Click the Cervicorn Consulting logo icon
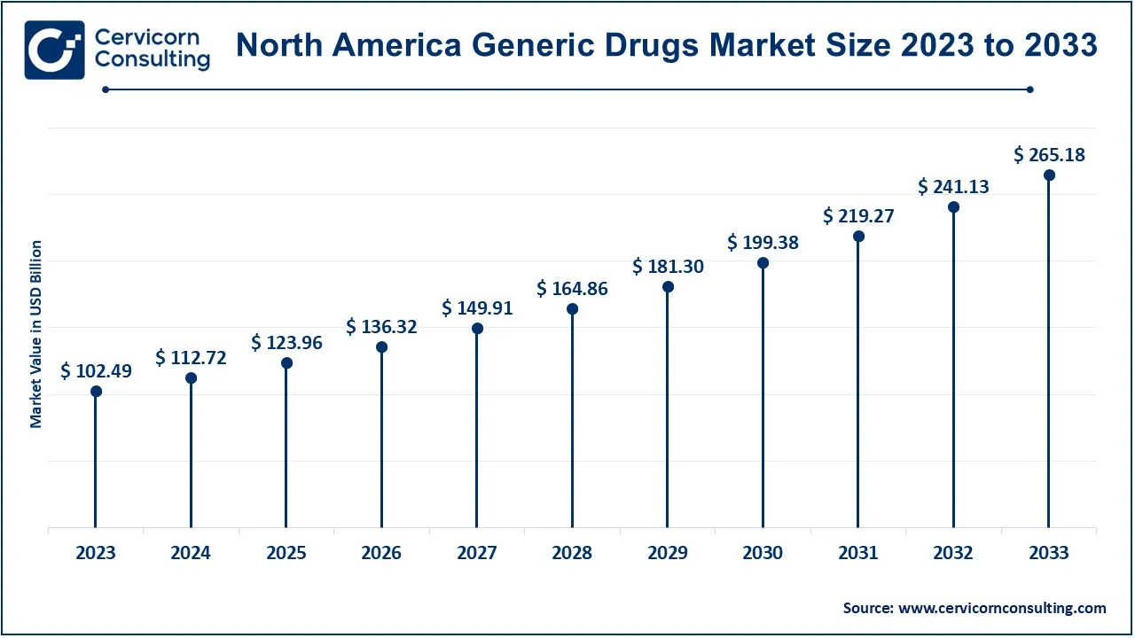[x=55, y=50]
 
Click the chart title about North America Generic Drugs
[x=666, y=45]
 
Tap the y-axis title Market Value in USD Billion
[x=36, y=334]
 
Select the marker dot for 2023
[x=96, y=392]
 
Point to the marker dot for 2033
[x=1049, y=175]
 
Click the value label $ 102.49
[x=96, y=372]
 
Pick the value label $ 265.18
[x=1049, y=155]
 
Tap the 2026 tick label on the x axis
[x=381, y=553]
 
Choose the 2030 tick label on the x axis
[x=763, y=553]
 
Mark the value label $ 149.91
[x=477, y=308]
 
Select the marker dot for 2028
[x=572, y=309]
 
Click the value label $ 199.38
[x=763, y=243]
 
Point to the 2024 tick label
[x=191, y=553]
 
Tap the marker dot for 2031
[x=858, y=237]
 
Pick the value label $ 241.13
[x=953, y=187]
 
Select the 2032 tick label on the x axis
[x=953, y=553]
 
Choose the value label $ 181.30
[x=668, y=266]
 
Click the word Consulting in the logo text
[x=153, y=60]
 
